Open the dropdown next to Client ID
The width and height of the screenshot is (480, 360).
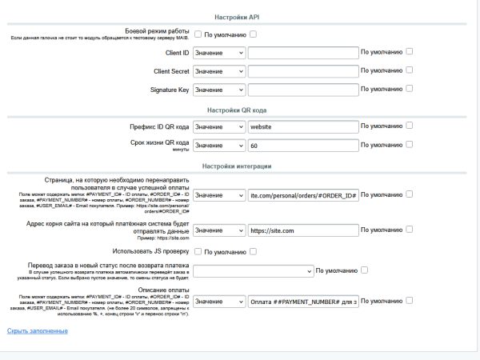219,53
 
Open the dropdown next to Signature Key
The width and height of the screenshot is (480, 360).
219,90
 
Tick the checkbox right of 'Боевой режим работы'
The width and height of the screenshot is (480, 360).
198,34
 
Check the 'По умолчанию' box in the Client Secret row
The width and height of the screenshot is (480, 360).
410,70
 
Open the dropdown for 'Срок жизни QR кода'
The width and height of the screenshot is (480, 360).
219,146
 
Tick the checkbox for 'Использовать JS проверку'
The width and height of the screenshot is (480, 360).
198,252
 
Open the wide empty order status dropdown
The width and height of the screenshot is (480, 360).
253,271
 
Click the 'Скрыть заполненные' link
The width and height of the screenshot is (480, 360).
37,330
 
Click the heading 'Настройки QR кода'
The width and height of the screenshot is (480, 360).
239,110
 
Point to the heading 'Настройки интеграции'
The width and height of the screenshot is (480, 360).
239,166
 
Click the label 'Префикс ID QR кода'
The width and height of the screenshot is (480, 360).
158,127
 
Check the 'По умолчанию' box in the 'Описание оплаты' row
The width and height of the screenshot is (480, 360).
410,301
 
